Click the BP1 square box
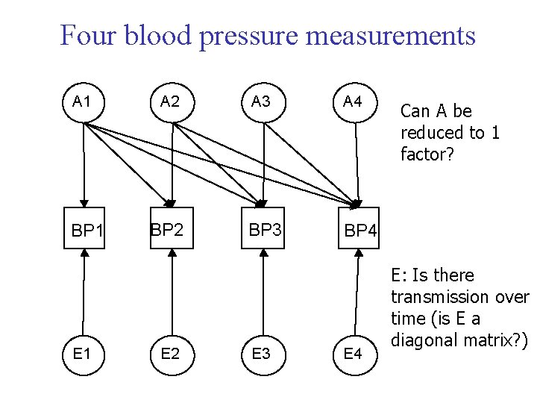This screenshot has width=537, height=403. click(84, 230)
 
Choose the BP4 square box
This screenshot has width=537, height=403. click(359, 230)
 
